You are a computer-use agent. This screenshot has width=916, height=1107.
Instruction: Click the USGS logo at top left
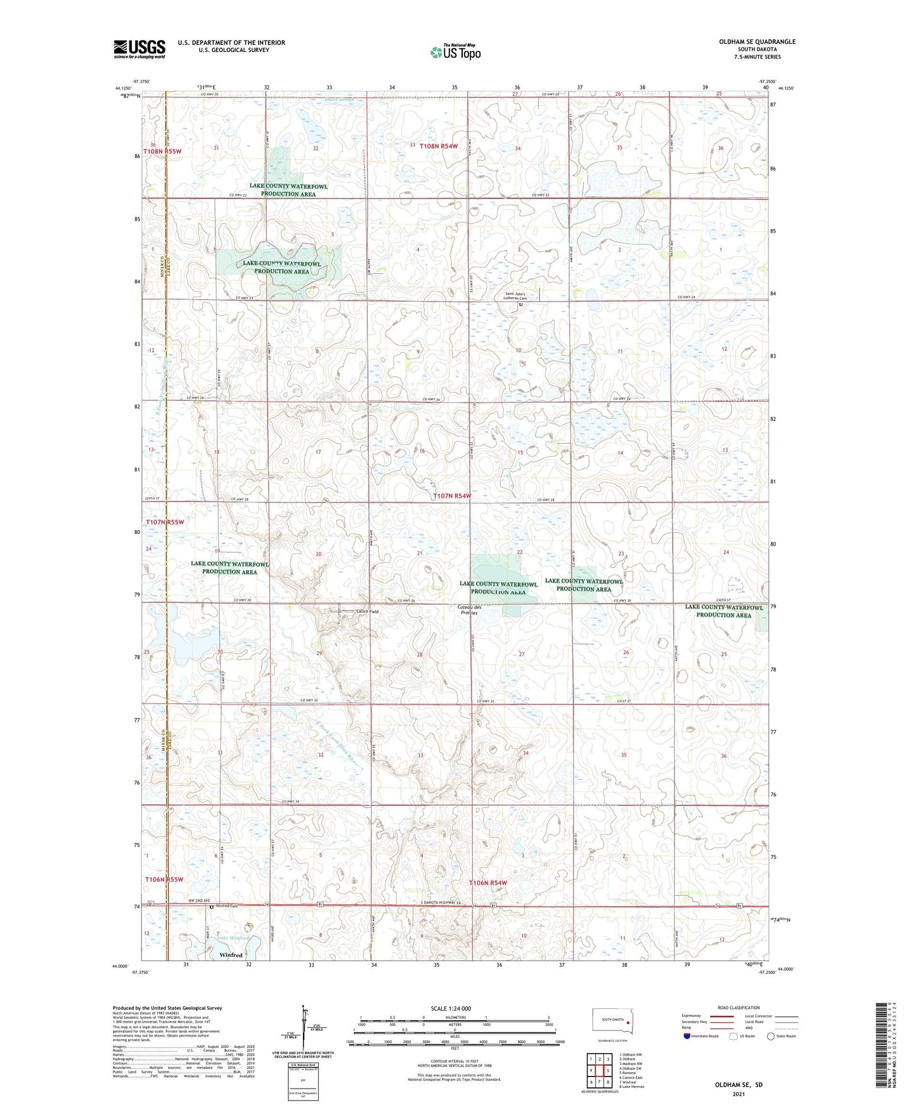pos(139,49)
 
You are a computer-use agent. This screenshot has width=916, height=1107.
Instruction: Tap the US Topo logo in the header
pos(455,52)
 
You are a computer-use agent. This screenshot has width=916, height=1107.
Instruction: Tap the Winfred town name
pos(231,955)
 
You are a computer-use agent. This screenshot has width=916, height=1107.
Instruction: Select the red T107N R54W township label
pos(452,496)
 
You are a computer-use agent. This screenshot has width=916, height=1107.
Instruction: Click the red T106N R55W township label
pos(164,879)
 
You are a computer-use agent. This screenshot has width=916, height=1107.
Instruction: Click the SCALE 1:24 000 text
pos(451,1009)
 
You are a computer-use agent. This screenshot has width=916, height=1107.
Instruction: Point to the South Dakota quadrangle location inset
pos(612,1022)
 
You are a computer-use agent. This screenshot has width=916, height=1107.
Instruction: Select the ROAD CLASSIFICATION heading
pos(738,1007)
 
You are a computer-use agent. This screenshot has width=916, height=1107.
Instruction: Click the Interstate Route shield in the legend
pos(687,1036)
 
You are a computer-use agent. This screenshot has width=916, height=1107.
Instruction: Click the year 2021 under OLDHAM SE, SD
pos(738,1094)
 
